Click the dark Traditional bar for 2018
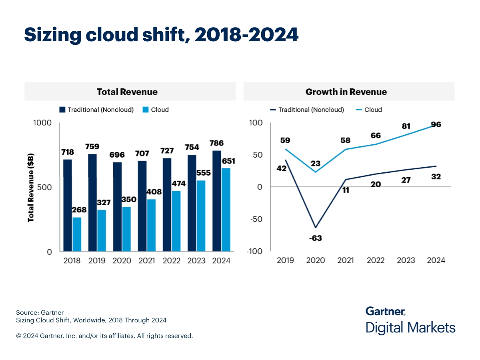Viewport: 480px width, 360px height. pyautogui.click(x=68, y=205)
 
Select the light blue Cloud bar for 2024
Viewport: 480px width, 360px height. pyautogui.click(x=226, y=210)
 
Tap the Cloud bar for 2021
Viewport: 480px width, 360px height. pyautogui.click(x=151, y=225)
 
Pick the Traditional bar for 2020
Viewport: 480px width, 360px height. pyautogui.click(x=117, y=207)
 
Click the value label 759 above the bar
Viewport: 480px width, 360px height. pyautogui.click(x=92, y=146)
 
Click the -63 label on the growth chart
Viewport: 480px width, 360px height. pyautogui.click(x=315, y=238)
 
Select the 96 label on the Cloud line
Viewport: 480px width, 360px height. pyautogui.click(x=436, y=124)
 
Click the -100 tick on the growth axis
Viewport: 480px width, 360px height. pyautogui.click(x=255, y=251)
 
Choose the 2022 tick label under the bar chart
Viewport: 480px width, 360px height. pyautogui.click(x=171, y=261)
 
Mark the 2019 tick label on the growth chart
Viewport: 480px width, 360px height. pyautogui.click(x=285, y=260)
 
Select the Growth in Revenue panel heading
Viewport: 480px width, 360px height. pyautogui.click(x=346, y=92)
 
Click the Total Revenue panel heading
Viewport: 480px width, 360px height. pyautogui.click(x=127, y=92)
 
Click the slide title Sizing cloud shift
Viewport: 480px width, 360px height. pyautogui.click(x=161, y=35)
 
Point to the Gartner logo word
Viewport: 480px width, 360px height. pyautogui.click(x=385, y=311)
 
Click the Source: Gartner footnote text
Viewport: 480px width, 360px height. pyautogui.click(x=40, y=312)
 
